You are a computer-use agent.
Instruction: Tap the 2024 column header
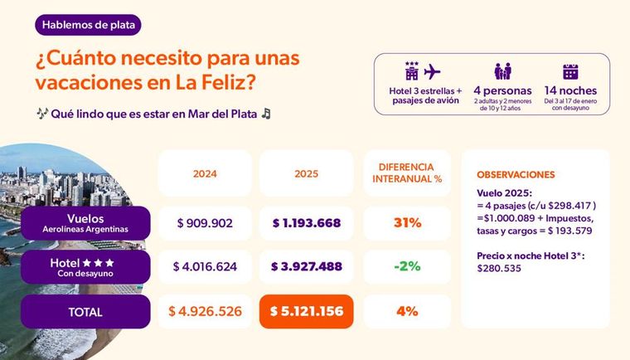pos(205,173)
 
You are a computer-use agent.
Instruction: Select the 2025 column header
pos(306,173)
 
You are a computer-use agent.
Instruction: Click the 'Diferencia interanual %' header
pos(407,173)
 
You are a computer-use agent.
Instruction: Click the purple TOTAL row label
pos(86,312)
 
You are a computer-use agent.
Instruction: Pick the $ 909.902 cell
pos(205,223)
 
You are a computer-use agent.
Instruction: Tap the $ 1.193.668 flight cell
pos(306,223)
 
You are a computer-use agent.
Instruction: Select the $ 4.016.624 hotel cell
pos(205,267)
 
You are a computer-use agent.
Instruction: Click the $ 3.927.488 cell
pos(306,267)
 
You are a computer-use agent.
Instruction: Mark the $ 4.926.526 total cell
pos(205,312)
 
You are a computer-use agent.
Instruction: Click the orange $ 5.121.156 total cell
pos(306,312)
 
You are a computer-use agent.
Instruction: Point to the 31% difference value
pos(407,223)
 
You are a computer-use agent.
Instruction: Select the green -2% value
pos(407,267)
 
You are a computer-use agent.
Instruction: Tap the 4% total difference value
pos(407,312)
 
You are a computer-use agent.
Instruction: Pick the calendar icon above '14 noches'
pos(570,71)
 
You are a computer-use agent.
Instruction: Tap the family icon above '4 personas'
pos(502,71)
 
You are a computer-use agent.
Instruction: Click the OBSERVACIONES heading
pos(516,175)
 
